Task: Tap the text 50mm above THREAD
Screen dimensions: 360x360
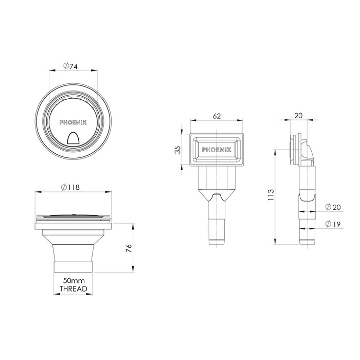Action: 74,281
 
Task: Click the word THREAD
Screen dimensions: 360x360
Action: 74,290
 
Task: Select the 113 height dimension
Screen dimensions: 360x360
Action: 271,194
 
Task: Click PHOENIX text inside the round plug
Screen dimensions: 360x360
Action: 74,122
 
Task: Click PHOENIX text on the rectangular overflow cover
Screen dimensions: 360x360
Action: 217,150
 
